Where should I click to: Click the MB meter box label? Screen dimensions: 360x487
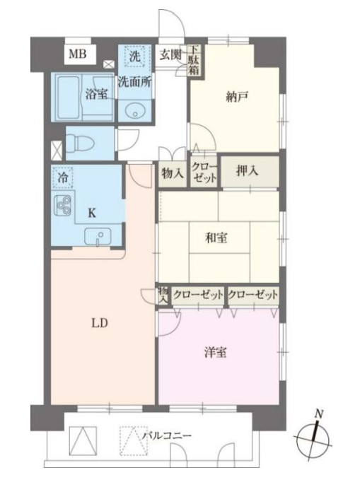pos(77,54)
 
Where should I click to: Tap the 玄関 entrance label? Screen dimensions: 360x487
pos(170,54)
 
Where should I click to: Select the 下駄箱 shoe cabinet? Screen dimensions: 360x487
pos(194,60)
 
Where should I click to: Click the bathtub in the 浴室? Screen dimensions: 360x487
pos(69,97)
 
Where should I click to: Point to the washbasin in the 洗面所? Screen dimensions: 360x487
pos(135,111)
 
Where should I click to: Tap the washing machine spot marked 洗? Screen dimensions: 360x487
pos(135,57)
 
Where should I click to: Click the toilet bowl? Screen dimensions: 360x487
pos(81,143)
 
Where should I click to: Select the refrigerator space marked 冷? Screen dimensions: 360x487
pos(64,177)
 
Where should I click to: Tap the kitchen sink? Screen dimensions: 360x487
pos(98,237)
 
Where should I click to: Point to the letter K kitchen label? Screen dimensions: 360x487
pos(92,213)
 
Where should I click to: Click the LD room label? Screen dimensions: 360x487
pos(100,323)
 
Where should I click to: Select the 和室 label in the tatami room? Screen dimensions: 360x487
pos(216,238)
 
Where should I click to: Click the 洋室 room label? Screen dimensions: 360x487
pos(215,353)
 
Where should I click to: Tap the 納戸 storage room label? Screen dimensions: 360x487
pos(237,97)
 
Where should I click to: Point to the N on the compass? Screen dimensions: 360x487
pos(319,413)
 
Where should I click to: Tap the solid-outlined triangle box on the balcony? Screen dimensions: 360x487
pos(83,440)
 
